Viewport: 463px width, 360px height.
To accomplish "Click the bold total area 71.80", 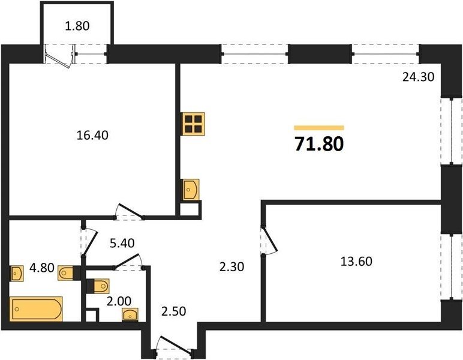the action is pos(319,144).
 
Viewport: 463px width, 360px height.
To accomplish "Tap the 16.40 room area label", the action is pos(92,135).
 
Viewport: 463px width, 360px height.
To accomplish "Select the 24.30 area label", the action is pos(419,77).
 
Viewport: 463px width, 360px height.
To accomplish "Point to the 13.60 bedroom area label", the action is pos(356,262).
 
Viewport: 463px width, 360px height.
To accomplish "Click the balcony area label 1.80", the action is pos(77,26).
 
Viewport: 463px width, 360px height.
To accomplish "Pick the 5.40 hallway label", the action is pos(122,243).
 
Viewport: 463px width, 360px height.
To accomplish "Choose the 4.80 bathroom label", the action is pos(42,268).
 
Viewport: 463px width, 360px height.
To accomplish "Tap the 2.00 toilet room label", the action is pos(119,302).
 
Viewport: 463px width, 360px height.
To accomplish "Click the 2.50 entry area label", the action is pos(174,311).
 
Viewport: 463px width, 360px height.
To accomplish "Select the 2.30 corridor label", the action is pos(231,267).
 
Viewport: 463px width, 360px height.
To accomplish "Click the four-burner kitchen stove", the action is pos(194,124).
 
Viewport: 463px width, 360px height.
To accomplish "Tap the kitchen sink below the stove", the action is pos(191,190).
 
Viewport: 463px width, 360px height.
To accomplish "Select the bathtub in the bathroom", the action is pos(36,309).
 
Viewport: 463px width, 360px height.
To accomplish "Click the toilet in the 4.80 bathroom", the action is pos(65,272).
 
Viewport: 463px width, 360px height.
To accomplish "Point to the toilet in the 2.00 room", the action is pos(101,286).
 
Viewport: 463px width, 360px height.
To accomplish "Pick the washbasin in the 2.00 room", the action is pos(130,314).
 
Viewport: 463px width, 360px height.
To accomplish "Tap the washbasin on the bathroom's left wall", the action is pos(17,274).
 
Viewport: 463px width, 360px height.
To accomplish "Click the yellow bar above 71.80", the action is pos(319,128).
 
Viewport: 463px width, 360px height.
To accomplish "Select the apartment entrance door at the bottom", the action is pos(174,345).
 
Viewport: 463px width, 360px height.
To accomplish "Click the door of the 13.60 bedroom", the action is pos(269,239).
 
